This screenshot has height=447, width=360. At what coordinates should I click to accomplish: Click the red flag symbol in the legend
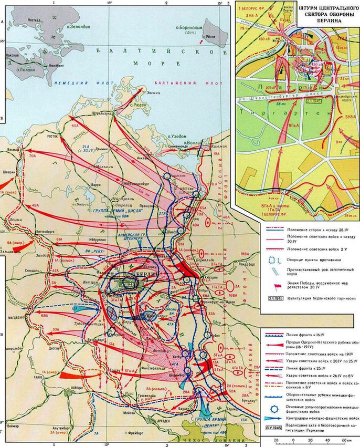[x=273, y=285]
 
